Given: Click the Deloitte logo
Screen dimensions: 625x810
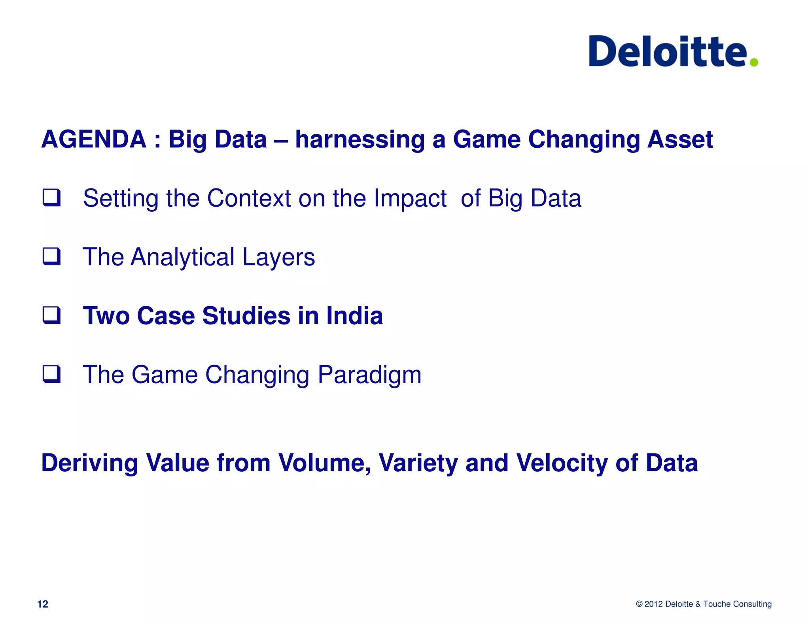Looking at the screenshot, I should coord(668,51).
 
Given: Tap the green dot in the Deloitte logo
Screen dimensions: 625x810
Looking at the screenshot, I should coord(754,62).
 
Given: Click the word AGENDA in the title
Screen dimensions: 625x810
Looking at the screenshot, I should coord(94,139).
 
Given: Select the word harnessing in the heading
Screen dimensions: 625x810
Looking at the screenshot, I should coord(359,139).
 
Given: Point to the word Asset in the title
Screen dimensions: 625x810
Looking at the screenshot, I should coord(679,139).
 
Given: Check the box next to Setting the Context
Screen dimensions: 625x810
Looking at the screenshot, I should coord(52,198).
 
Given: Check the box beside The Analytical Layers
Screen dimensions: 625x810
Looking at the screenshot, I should coord(52,256).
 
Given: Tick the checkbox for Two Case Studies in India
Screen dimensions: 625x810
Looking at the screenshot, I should coord(52,315).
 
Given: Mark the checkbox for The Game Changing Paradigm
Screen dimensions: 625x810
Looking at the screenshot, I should coord(52,374).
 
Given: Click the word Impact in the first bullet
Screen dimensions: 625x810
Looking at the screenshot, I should coord(410,198).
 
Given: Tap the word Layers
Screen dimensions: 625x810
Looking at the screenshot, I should coord(278,257).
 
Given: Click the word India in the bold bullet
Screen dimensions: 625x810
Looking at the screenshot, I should coord(354,316).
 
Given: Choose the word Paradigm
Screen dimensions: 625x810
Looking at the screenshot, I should coord(369,375).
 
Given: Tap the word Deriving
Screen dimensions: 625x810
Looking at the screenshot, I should coord(90,463).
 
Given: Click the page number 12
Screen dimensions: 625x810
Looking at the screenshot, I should coord(42,604).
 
